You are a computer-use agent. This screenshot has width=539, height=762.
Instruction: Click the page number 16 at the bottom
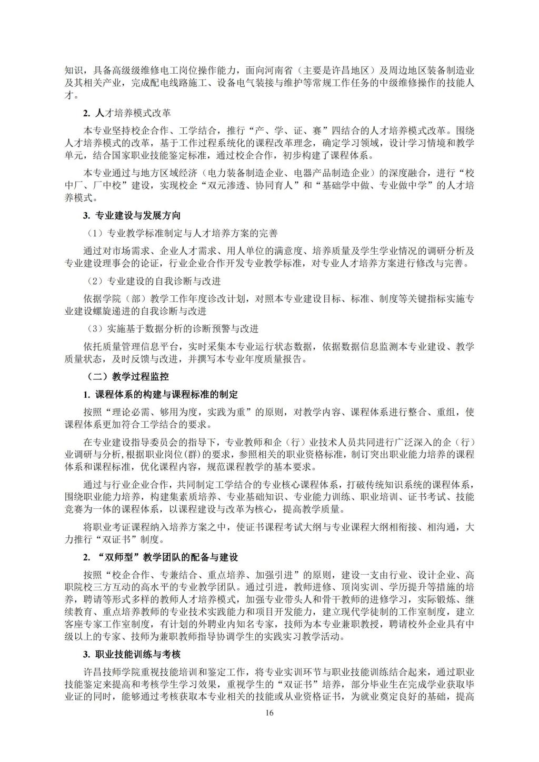pyautogui.click(x=269, y=713)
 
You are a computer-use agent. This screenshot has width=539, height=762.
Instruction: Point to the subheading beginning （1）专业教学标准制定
pyautogui.click(x=182, y=233)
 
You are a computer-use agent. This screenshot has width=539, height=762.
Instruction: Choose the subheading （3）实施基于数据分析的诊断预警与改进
pyautogui.click(x=173, y=329)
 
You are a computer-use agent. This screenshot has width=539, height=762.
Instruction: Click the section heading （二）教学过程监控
pyautogui.click(x=127, y=376)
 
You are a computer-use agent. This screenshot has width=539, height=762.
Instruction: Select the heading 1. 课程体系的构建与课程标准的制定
pyautogui.click(x=161, y=394)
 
